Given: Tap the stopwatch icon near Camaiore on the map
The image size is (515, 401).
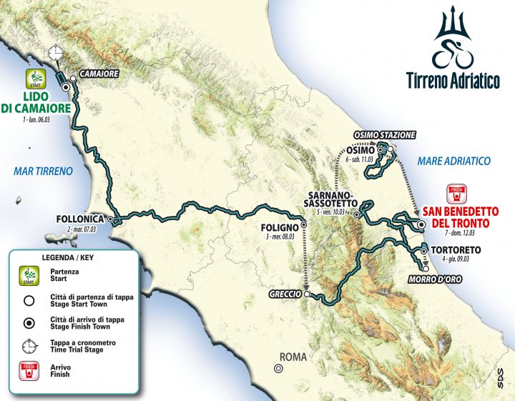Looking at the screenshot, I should pos(56,54).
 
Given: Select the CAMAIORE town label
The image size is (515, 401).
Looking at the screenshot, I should pos(98,74).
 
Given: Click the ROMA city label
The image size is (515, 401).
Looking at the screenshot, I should pos(293,356).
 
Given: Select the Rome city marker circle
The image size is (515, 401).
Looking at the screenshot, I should pos(277,369).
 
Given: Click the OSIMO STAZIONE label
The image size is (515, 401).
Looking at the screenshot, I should pos(384,135).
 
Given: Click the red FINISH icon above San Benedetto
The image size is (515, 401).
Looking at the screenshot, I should pos(456,193).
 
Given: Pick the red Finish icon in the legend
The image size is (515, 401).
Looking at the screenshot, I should pos(29,370).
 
